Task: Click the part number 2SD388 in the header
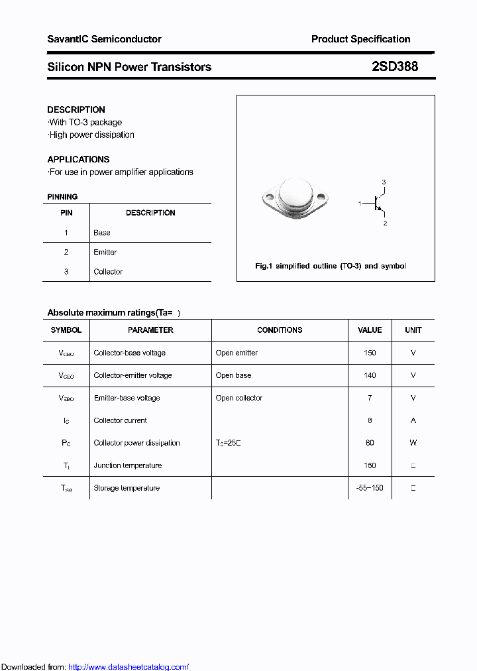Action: pyautogui.click(x=395, y=67)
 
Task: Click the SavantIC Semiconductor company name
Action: pyautogui.click(x=104, y=39)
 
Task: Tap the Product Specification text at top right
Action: pyautogui.click(x=360, y=39)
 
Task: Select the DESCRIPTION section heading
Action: pyautogui.click(x=76, y=109)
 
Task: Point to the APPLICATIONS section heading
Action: pyautogui.click(x=78, y=159)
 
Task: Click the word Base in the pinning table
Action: pyautogui.click(x=102, y=233)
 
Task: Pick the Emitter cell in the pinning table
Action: pyautogui.click(x=105, y=252)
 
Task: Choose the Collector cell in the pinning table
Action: pyautogui.click(x=108, y=271)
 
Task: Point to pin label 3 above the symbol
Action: pyautogui.click(x=384, y=182)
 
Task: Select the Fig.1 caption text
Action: pyautogui.click(x=331, y=266)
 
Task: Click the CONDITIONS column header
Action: pyautogui.click(x=280, y=330)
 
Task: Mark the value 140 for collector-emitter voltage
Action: pyautogui.click(x=370, y=375)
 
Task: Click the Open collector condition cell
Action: pyautogui.click(x=239, y=398)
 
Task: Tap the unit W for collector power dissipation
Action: pyautogui.click(x=413, y=443)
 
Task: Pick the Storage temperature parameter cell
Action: pyautogui.click(x=127, y=488)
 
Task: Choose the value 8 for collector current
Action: pyautogui.click(x=370, y=420)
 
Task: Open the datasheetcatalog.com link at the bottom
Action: pyautogui.click(x=129, y=667)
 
